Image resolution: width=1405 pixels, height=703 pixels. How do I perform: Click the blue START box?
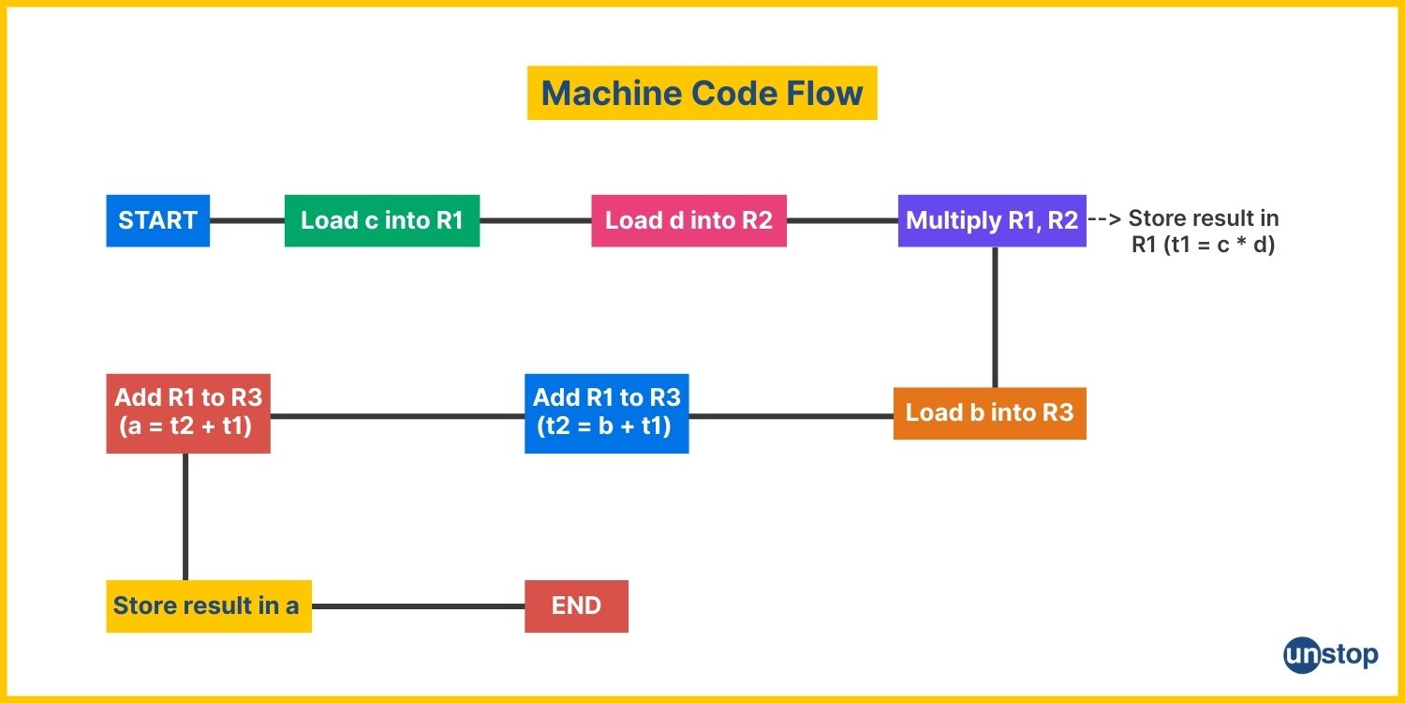tap(158, 221)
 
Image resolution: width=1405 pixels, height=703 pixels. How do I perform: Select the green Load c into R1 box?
tap(382, 221)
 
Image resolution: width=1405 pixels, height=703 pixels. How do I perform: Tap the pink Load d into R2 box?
tap(688, 221)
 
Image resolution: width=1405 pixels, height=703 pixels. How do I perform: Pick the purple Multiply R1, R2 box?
tap(992, 221)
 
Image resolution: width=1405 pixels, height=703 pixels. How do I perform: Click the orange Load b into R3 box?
tap(990, 413)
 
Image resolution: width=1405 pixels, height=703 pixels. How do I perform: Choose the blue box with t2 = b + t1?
tap(607, 413)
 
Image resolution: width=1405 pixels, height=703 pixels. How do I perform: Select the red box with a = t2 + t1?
tap(188, 413)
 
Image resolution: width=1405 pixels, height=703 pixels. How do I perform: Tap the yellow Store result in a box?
tap(209, 606)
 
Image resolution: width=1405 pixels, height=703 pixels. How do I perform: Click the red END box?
tap(576, 606)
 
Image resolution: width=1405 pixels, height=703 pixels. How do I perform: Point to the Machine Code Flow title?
tap(702, 93)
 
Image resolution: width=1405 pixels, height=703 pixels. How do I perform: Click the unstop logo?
tap(1330, 655)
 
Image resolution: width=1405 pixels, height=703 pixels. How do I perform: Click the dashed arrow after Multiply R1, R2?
tap(1104, 219)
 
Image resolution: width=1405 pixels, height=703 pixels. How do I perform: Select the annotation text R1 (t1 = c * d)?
tap(1203, 244)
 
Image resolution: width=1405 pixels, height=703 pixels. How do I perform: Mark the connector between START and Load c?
tap(247, 221)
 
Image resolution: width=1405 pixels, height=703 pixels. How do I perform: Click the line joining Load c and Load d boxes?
tap(536, 221)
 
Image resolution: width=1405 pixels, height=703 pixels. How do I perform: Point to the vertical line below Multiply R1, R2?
tap(995, 317)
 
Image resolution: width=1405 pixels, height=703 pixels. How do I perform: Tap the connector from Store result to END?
tap(419, 606)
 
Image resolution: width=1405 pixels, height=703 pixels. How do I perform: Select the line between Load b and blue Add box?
tap(791, 415)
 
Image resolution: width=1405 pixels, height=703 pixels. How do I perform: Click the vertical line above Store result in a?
tap(185, 516)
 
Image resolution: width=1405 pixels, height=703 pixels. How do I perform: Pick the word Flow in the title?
tap(824, 93)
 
